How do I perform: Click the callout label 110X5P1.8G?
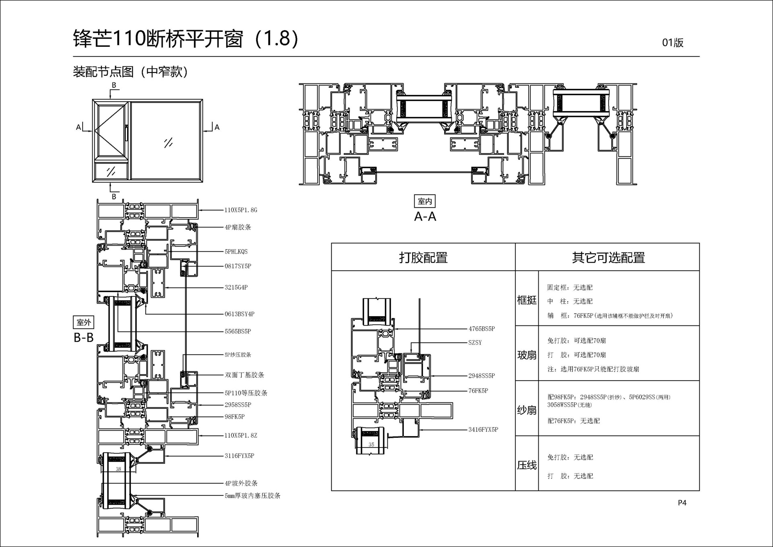click(x=240, y=210)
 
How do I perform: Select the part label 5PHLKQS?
click(x=236, y=252)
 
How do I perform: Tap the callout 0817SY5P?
click(x=238, y=266)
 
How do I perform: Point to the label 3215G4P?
click(x=236, y=288)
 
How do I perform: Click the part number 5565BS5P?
click(x=238, y=332)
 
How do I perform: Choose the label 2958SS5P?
click(x=238, y=405)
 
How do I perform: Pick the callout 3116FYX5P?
click(x=239, y=456)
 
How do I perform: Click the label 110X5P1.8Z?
click(x=240, y=435)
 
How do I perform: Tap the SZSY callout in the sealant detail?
click(x=475, y=343)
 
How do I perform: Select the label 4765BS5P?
click(x=482, y=329)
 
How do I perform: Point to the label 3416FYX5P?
click(x=483, y=430)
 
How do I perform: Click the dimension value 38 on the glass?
click(x=118, y=469)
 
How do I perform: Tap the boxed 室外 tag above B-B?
click(x=84, y=323)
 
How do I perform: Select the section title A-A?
click(x=425, y=217)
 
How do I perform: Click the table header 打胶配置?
click(x=423, y=257)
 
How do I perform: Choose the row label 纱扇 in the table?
click(x=527, y=410)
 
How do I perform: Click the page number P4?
click(x=682, y=503)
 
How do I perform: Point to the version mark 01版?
click(x=673, y=43)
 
